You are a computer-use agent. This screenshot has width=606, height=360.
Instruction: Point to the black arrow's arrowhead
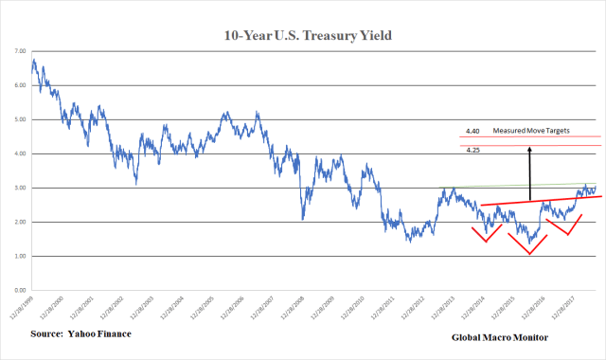[530, 150]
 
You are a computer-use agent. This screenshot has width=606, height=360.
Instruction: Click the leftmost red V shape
[487, 233]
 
